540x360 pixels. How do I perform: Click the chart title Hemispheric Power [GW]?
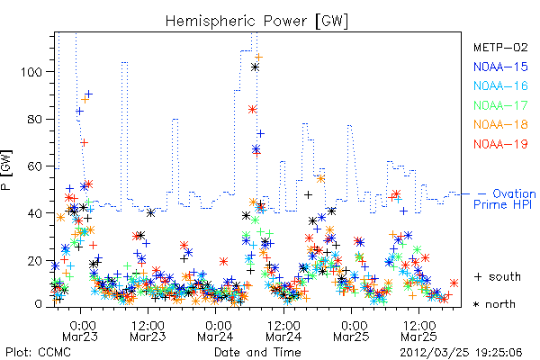[256, 21]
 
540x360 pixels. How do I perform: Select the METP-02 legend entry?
[500, 47]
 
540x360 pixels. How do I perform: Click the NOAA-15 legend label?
[500, 67]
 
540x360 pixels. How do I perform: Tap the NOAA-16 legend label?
[500, 85]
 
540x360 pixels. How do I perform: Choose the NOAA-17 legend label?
[500, 105]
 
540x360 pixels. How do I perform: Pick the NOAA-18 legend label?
[500, 124]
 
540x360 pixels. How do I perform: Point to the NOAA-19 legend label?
[500, 144]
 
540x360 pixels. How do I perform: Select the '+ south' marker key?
[498, 276]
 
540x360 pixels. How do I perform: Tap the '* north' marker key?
[494, 304]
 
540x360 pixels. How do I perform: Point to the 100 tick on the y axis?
[31, 72]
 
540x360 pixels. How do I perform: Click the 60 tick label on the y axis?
[35, 166]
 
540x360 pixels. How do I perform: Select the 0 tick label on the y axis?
[38, 304]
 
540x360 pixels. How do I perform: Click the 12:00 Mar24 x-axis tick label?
[283, 330]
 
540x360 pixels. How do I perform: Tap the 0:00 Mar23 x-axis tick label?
[80, 330]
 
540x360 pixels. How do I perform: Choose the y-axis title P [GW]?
[6, 170]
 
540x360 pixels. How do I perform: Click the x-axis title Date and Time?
[257, 353]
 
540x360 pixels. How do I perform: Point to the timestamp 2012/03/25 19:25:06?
[461, 353]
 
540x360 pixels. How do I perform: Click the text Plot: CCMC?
[38, 353]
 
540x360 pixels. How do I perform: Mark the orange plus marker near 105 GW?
[258, 58]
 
